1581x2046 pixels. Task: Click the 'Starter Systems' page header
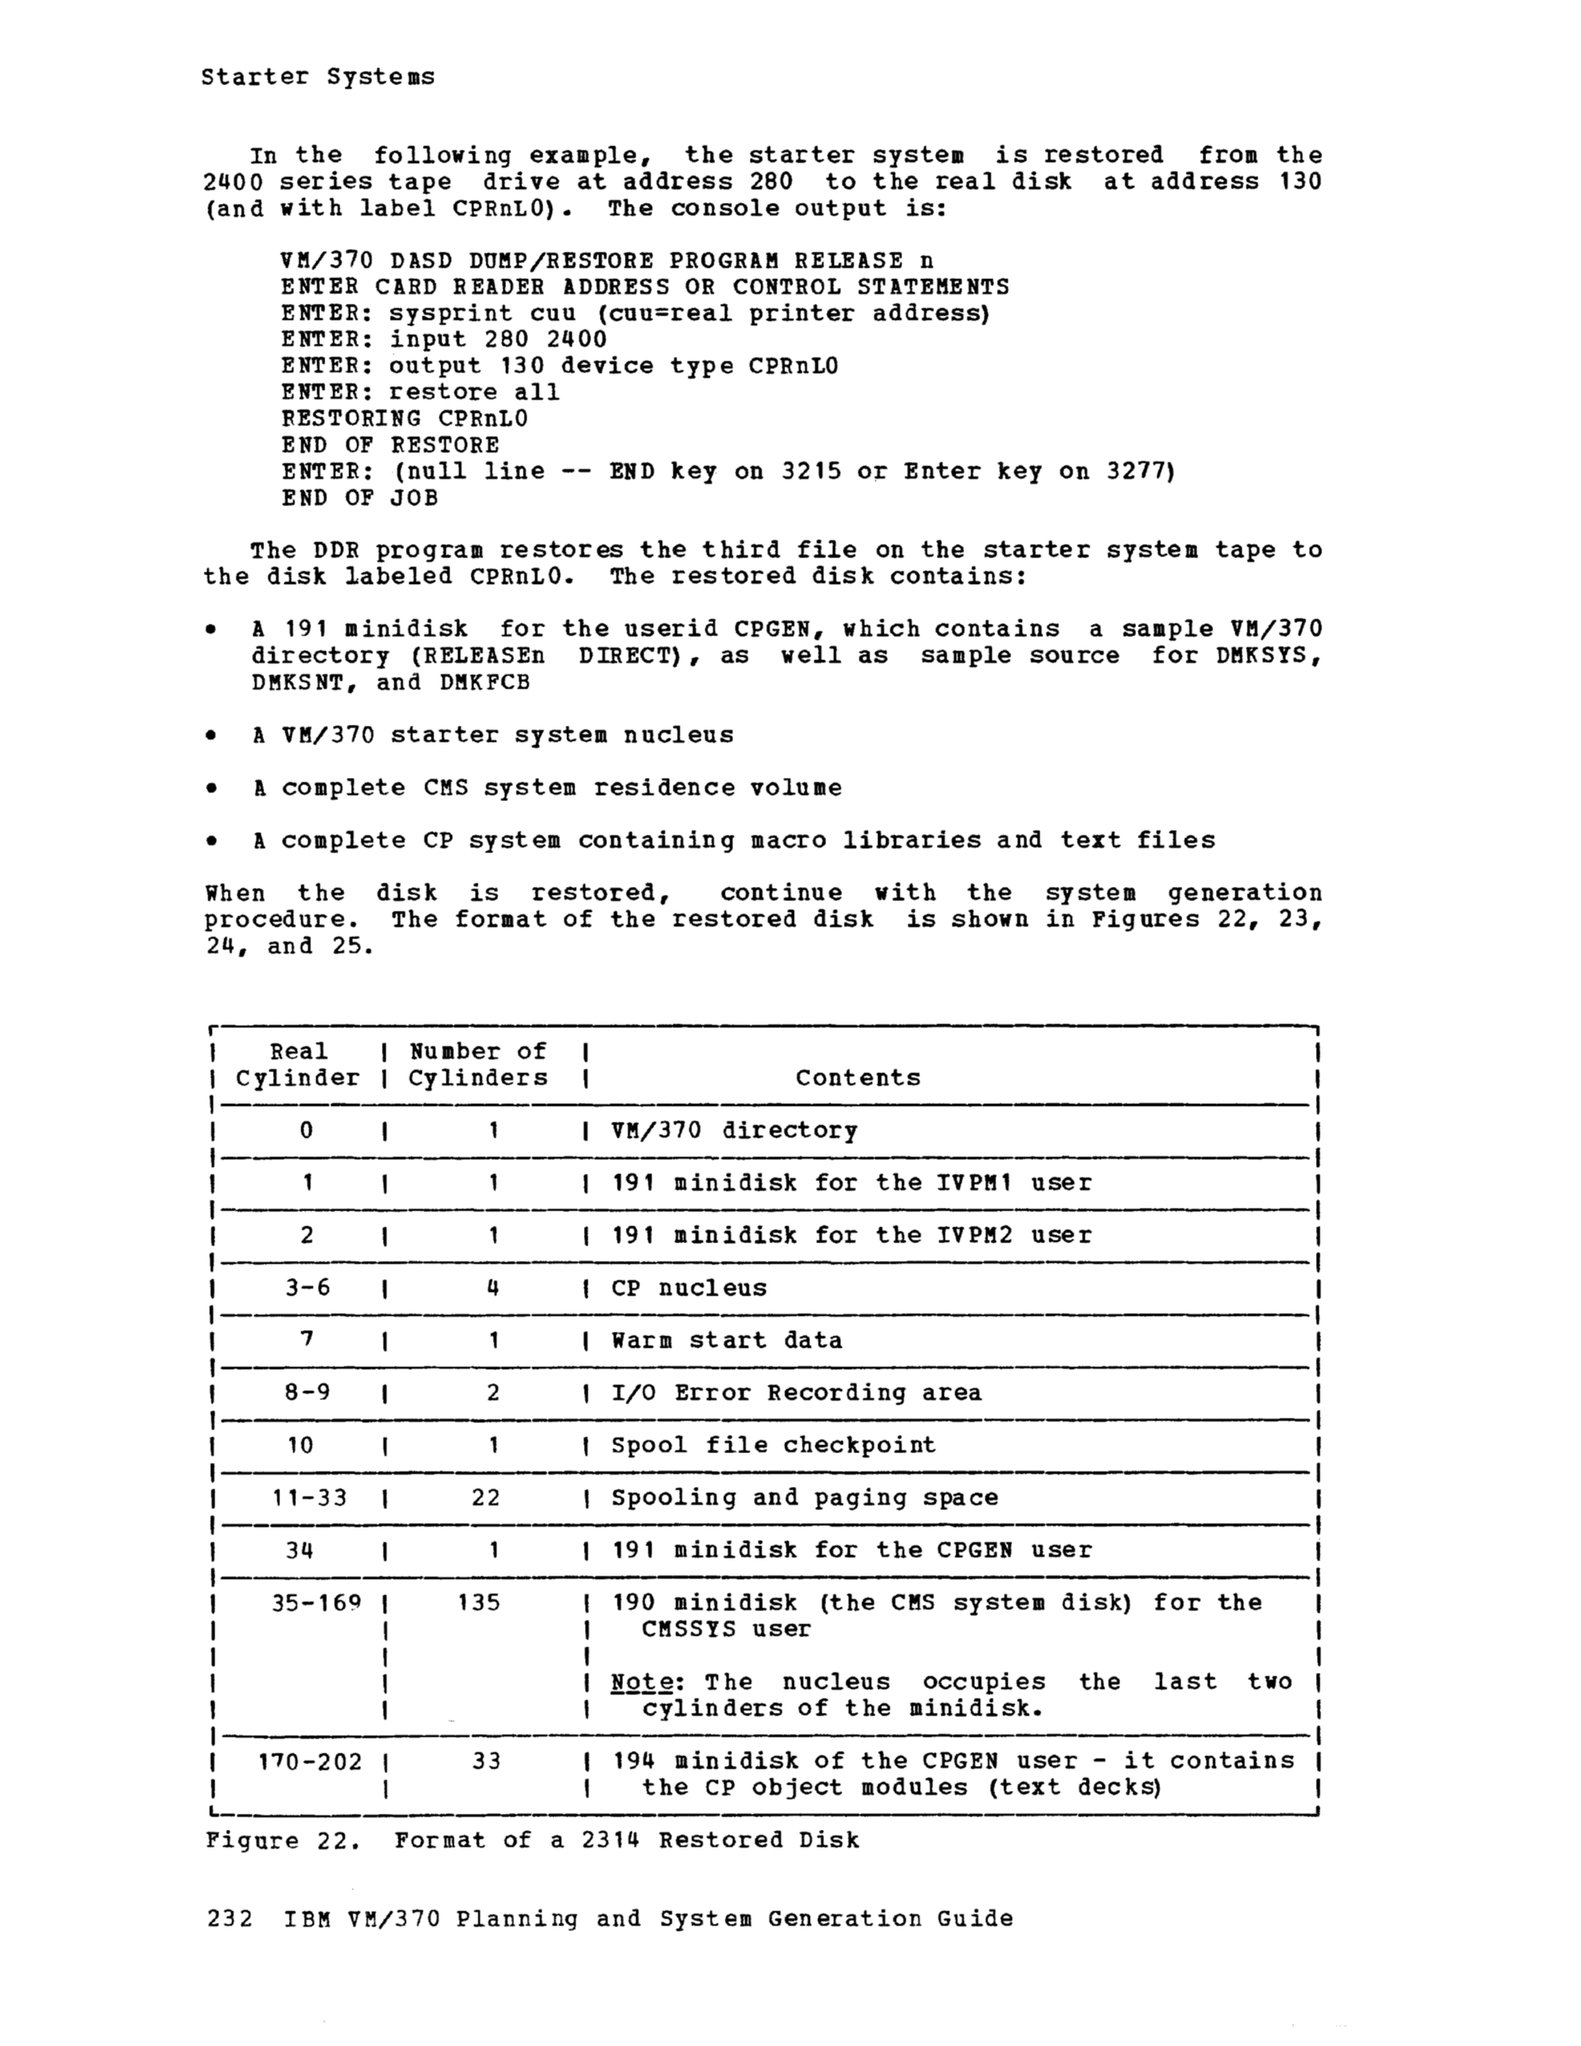coord(317,77)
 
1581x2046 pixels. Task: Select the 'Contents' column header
coord(858,1077)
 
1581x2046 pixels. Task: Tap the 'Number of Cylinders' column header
coord(478,1064)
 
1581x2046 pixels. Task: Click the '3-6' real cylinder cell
coord(308,1288)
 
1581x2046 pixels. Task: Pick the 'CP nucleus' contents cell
coord(689,1288)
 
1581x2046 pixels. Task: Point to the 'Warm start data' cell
coord(727,1341)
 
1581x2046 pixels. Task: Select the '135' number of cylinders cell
coord(479,1603)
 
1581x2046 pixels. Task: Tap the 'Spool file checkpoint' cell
coord(773,1445)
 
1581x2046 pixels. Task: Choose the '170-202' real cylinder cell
coord(309,1762)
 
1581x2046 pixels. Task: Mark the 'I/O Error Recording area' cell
coord(797,1393)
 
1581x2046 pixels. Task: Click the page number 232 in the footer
coord(230,1918)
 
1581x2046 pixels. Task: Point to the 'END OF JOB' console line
coord(360,498)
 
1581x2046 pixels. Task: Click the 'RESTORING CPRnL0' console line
coord(404,419)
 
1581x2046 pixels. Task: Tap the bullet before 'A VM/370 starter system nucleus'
coord(213,735)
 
